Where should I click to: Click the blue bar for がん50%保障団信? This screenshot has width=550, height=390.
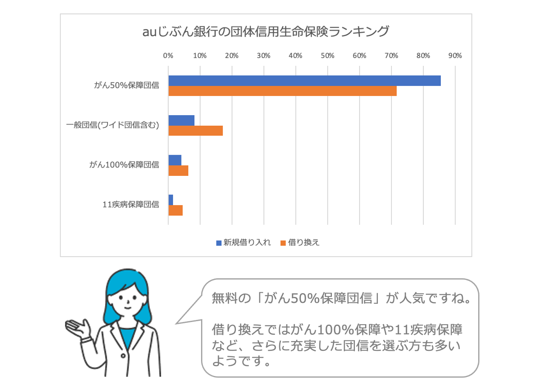tap(304, 81)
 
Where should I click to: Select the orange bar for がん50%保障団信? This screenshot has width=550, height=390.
tap(282, 91)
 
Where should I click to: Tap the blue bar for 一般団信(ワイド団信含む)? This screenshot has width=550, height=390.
tap(181, 120)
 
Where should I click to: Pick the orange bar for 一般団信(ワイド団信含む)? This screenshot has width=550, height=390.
tap(196, 130)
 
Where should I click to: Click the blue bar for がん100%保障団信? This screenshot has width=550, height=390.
tap(175, 160)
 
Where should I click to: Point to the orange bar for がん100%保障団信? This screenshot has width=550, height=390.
tap(179, 170)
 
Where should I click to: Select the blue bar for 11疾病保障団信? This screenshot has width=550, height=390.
tap(171, 200)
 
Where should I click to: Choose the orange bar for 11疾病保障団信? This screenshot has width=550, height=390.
tap(176, 210)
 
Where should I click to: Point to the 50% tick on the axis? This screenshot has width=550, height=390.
tap(327, 55)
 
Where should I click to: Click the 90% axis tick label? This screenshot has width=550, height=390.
tap(455, 55)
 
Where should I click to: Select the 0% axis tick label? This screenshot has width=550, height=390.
tap(168, 55)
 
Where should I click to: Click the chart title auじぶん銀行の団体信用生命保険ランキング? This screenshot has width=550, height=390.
tap(266, 32)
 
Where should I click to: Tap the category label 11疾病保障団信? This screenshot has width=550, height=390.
tap(131, 205)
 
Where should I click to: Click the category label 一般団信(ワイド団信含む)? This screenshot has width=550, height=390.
tap(113, 125)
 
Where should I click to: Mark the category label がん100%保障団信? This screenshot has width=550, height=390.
tap(124, 165)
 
